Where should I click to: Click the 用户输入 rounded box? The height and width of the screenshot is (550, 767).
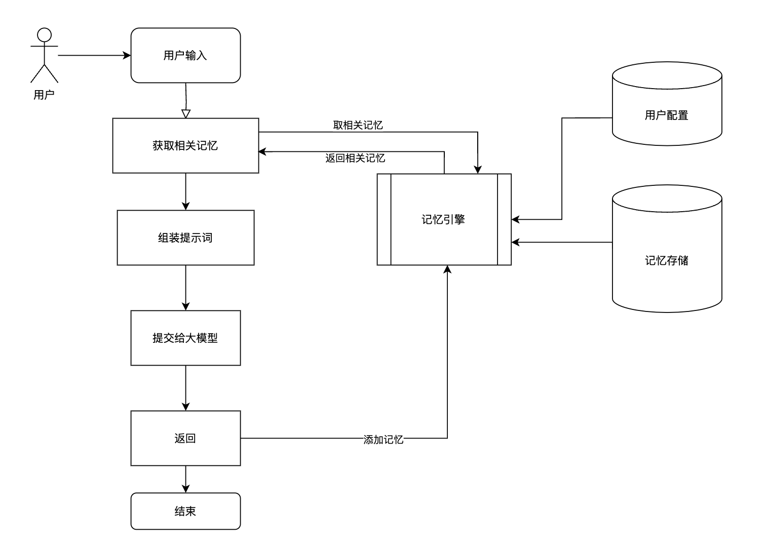click(x=185, y=55)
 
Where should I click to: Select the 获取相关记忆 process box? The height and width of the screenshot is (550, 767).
click(x=185, y=146)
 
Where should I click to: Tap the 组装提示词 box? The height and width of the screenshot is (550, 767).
click(x=185, y=238)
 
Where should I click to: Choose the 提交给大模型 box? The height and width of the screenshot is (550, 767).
click(x=185, y=338)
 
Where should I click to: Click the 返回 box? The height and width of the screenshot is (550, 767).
click(x=185, y=438)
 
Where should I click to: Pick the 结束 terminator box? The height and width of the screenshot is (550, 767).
click(x=185, y=511)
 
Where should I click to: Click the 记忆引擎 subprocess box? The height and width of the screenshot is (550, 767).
click(x=444, y=219)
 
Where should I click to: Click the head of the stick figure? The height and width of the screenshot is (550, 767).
click(x=45, y=34)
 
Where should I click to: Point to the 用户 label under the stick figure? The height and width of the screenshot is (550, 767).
click(x=44, y=95)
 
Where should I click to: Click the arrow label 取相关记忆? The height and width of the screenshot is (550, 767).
click(x=358, y=125)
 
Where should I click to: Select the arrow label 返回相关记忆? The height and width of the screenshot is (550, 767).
click(x=355, y=159)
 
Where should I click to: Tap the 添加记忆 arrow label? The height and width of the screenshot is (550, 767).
click(x=383, y=440)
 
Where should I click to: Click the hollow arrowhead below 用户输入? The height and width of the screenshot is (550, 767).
click(x=186, y=113)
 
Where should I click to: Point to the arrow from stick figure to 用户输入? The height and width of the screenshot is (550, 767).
click(x=94, y=55)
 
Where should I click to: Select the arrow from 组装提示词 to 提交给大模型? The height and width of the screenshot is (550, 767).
click(x=185, y=287)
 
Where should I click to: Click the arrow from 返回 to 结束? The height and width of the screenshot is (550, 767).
click(x=185, y=479)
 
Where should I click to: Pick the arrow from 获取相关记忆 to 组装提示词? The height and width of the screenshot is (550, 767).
click(x=185, y=191)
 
